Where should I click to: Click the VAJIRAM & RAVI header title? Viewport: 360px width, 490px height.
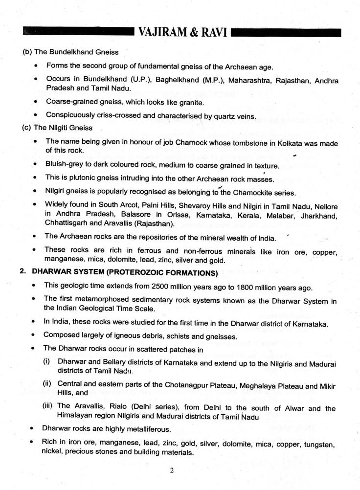(180, 33)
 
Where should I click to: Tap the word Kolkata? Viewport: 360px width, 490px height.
(281, 141)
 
